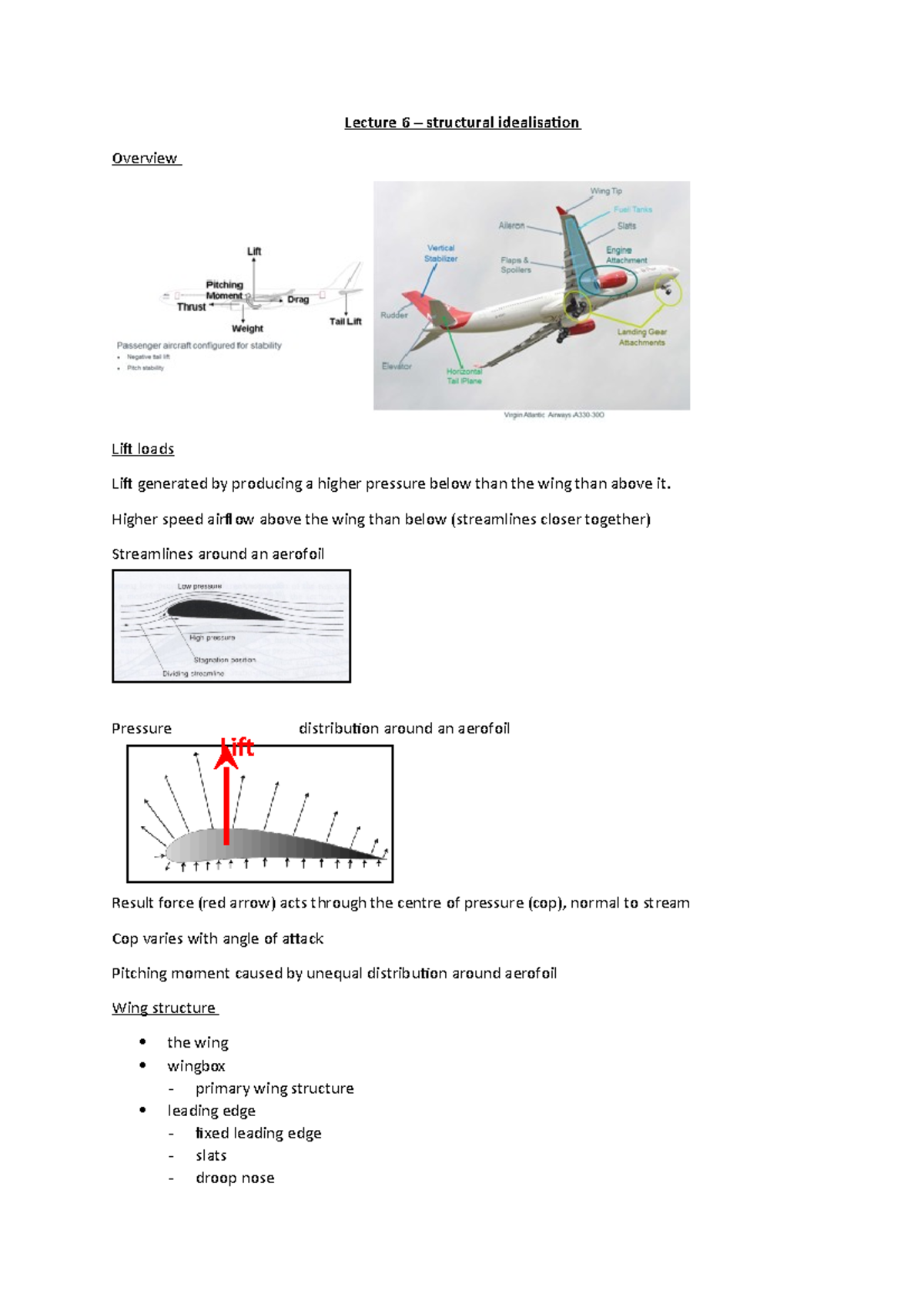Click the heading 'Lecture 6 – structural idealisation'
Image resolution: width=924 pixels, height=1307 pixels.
click(462, 122)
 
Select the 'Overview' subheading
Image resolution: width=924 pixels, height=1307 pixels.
click(145, 159)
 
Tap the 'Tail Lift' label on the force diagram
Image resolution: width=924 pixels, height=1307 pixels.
click(346, 322)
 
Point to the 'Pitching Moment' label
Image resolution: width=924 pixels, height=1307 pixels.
click(224, 290)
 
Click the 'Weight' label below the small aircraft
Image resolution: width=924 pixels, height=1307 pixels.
click(247, 329)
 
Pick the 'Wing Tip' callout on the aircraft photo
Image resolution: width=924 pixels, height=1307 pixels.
click(606, 191)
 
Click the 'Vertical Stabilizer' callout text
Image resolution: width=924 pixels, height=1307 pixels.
click(441, 253)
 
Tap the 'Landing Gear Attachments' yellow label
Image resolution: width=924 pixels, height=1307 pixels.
click(641, 337)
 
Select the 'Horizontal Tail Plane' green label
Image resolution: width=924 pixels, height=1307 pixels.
click(464, 376)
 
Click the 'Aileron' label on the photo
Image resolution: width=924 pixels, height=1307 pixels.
click(511, 226)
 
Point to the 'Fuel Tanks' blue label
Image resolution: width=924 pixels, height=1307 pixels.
click(633, 209)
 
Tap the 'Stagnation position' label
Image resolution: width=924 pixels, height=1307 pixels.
click(224, 660)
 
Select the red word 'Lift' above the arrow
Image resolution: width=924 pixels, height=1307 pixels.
click(238, 747)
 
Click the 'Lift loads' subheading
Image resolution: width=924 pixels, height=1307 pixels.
click(143, 450)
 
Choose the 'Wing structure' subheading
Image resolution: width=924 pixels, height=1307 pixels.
click(164, 1008)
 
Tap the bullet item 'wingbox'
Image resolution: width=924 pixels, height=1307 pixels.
click(196, 1066)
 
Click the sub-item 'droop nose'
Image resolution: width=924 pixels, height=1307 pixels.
click(235, 1178)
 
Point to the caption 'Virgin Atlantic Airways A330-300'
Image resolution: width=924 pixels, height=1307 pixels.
click(554, 415)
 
